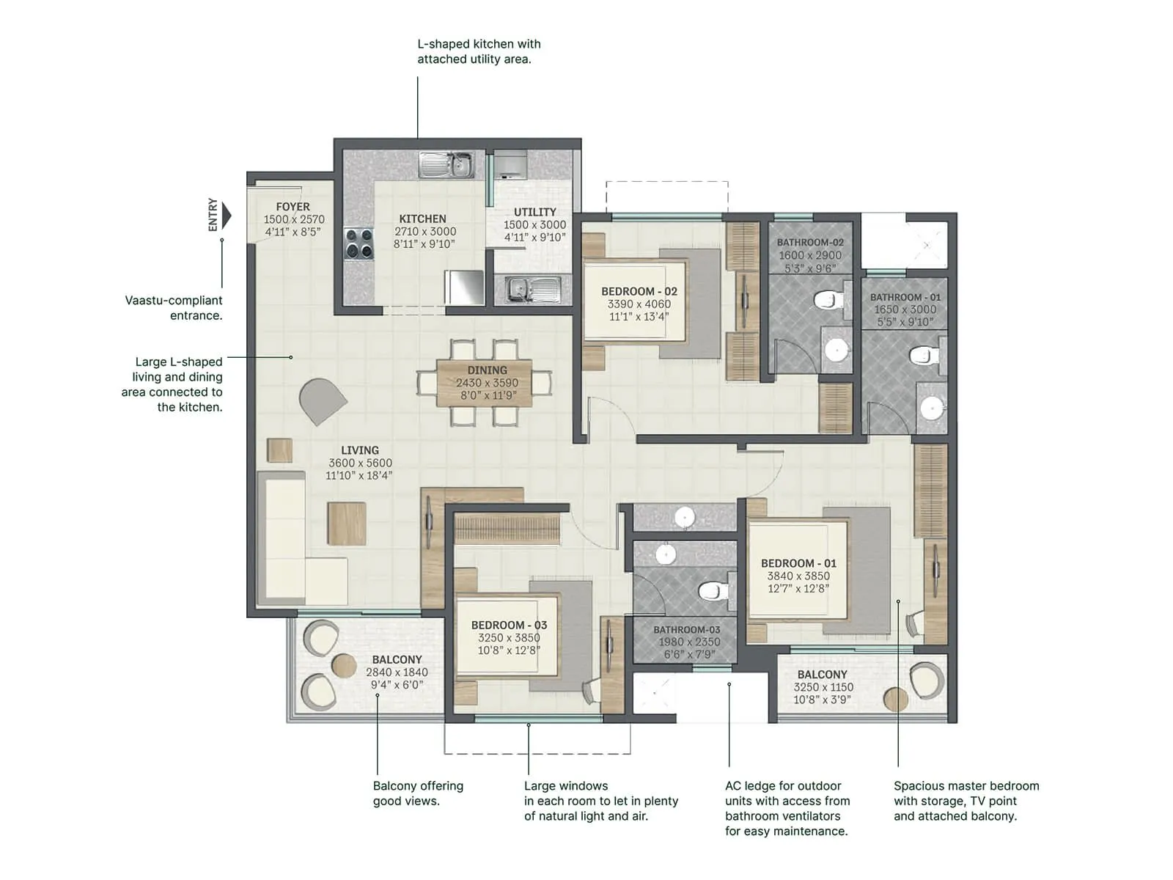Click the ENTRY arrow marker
[227, 216]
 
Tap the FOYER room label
[293, 207]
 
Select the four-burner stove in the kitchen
[359, 244]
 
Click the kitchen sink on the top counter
[446, 164]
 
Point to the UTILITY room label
[534, 212]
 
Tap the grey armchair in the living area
[321, 400]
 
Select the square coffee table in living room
[346, 523]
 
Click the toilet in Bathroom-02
[828, 300]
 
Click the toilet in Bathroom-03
[712, 590]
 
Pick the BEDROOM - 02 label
[639, 291]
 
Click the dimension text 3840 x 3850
[798, 576]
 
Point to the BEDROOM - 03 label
[509, 625]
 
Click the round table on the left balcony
[344, 665]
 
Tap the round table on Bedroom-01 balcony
[895, 699]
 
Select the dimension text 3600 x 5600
[360, 463]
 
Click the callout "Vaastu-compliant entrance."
[174, 308]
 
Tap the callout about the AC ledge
[787, 808]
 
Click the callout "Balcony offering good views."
[418, 793]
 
